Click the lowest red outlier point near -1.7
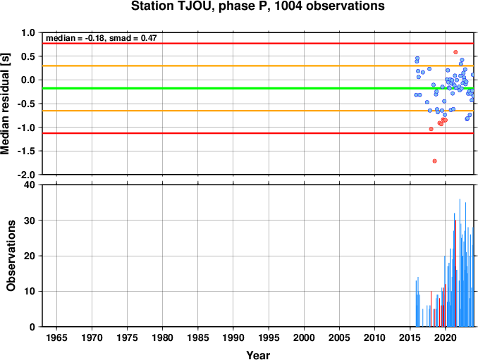coord(435,161)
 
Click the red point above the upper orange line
coord(455,52)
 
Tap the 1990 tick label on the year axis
coord(233,337)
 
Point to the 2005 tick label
coord(339,337)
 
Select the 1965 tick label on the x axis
coord(56,337)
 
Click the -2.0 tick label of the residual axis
coord(28,175)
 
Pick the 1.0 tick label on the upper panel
coord(28,32)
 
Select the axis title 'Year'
coord(258,355)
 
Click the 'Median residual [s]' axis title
coord(5,104)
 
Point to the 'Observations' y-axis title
coord(11,256)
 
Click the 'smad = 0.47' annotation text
coord(133,38)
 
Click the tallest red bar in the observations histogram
coord(455,273)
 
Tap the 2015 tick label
coord(410,337)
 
